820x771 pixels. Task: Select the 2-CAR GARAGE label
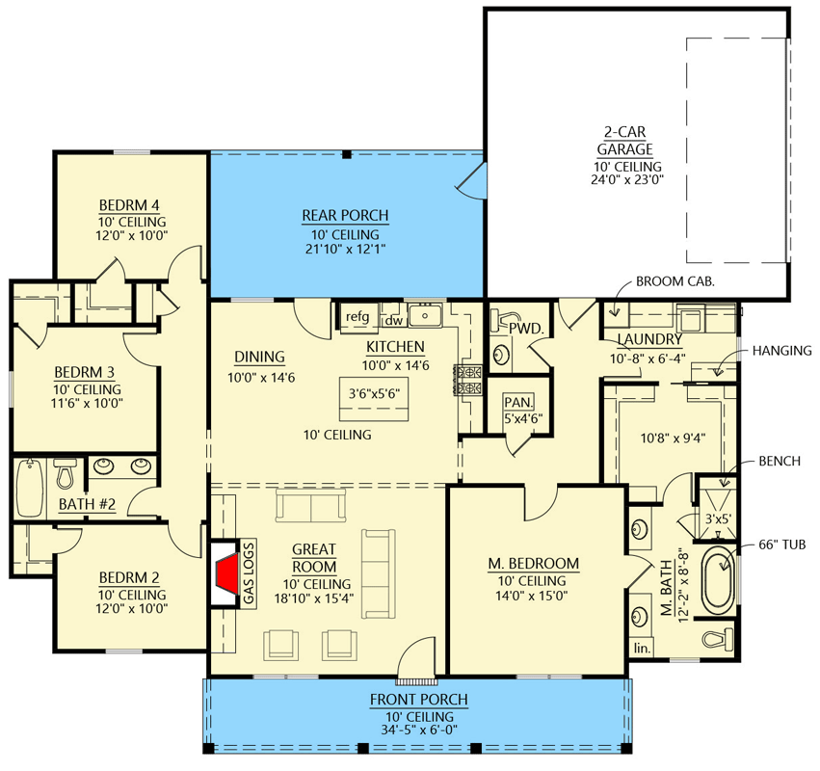click(623, 141)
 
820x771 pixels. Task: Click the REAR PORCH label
click(345, 215)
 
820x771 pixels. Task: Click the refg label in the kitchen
click(357, 317)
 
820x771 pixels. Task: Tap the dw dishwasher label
click(393, 320)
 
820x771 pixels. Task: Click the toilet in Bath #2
click(66, 474)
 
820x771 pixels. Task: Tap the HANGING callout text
click(781, 351)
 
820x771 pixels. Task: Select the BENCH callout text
click(779, 462)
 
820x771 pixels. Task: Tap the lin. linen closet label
click(641, 649)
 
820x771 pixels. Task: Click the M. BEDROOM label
click(537, 563)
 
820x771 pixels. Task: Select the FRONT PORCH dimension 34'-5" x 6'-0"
click(418, 730)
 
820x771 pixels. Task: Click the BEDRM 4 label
click(128, 204)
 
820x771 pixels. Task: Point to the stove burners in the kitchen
click(469, 381)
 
